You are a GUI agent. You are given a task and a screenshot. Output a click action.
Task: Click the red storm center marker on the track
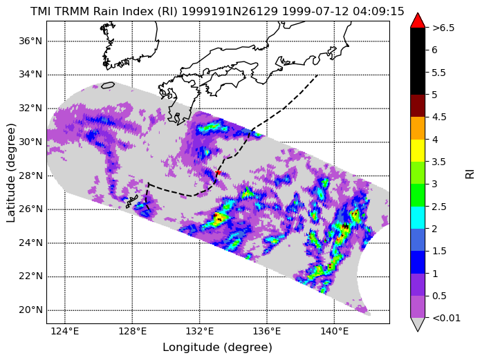[x=219, y=172]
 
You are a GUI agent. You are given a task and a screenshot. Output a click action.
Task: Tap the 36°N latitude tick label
[x=30, y=41]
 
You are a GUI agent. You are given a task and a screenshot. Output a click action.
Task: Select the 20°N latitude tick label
[x=30, y=310]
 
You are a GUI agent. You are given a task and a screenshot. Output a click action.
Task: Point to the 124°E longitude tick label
[x=65, y=332]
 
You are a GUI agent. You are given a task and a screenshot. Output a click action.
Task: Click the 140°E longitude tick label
[x=335, y=332]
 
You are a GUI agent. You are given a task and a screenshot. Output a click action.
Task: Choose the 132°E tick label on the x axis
[x=200, y=332]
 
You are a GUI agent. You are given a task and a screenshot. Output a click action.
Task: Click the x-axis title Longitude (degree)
[x=217, y=348]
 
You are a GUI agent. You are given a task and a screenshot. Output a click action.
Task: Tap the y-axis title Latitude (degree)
[x=10, y=173]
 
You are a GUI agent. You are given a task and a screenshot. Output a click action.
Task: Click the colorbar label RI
[x=470, y=174]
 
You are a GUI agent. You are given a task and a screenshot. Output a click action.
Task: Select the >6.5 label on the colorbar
[x=443, y=28]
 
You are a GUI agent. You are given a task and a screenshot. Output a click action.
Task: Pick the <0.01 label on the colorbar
[x=446, y=318]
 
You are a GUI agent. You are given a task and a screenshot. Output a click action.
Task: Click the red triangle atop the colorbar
[x=418, y=20]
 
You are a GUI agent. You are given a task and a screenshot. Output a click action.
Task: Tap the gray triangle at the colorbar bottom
[x=418, y=324]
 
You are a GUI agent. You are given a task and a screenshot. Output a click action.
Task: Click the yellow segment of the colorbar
[x=418, y=151]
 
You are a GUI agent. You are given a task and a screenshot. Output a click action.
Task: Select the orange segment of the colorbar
[x=418, y=128]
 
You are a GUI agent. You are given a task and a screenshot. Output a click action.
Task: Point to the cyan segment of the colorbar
[x=418, y=218]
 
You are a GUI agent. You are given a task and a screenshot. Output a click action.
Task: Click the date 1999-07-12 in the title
[x=315, y=11]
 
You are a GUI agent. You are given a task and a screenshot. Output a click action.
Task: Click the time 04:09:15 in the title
[x=378, y=11]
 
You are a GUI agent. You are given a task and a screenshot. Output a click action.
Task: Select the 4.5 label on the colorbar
[x=439, y=117]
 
